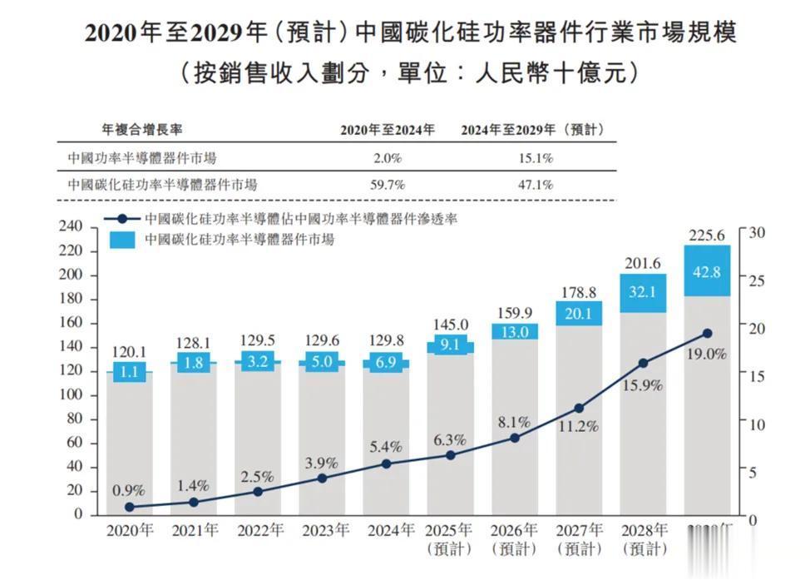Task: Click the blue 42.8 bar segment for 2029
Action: pos(707,271)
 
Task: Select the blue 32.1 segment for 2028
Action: pos(643,293)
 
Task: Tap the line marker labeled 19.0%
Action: pos(707,333)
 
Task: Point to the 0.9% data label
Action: pos(129,491)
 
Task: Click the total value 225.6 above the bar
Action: pos(707,235)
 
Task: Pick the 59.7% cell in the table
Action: pos(387,185)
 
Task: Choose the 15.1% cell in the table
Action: pos(536,158)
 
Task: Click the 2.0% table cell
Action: pos(387,158)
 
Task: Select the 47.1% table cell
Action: pos(536,185)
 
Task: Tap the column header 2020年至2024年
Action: pos(388,130)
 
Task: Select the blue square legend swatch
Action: pos(123,240)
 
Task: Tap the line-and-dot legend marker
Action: pos(123,220)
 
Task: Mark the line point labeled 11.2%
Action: pos(579,408)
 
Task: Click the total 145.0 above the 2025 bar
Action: pos(451,325)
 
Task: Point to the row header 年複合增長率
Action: pos(142,130)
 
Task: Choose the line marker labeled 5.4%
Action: pos(387,464)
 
